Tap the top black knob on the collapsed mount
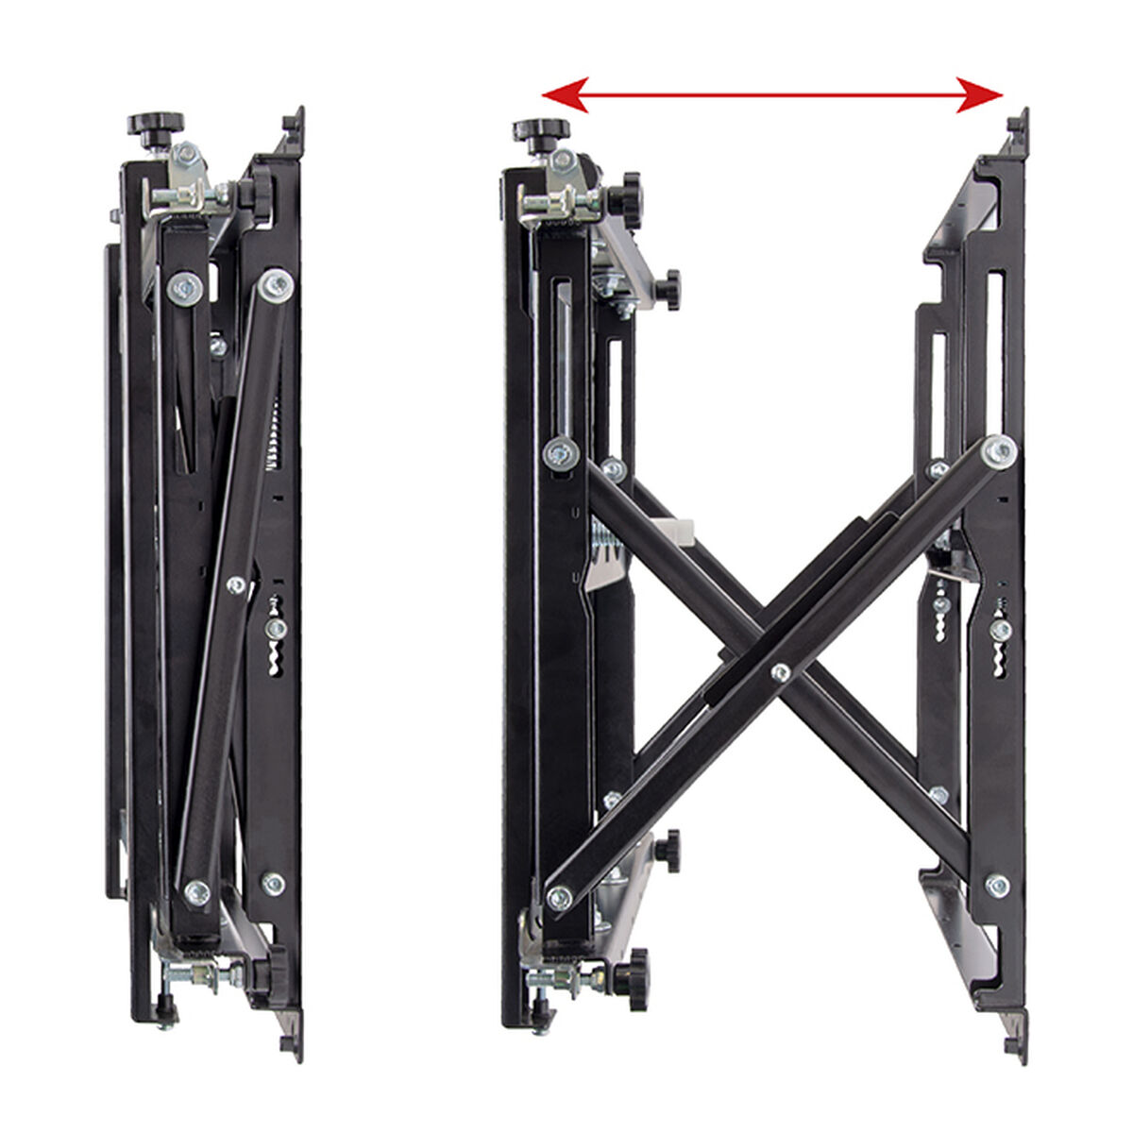[156, 124]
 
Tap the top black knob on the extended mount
[541, 129]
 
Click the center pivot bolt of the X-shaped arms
[781, 672]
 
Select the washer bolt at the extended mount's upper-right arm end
[998, 451]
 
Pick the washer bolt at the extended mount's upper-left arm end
[562, 454]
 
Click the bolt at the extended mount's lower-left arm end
[560, 897]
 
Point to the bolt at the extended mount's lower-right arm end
[997, 885]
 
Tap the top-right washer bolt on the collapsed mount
[276, 283]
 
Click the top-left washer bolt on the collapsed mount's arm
[185, 287]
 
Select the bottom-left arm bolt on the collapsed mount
[197, 891]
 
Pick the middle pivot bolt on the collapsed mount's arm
[236, 585]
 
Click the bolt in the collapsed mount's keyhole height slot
[276, 628]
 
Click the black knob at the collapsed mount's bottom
[261, 972]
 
